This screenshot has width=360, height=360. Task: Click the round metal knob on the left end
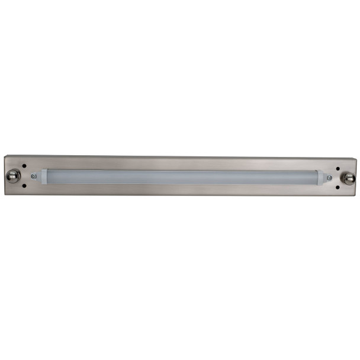tap(12, 175)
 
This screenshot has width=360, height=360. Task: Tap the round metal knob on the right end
tap(349, 177)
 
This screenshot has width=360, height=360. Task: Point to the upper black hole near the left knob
tap(24, 166)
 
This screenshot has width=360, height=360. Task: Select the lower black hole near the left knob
tap(24, 186)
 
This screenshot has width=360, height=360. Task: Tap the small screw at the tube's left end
tap(34, 176)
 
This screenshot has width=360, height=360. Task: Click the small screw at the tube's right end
tap(329, 178)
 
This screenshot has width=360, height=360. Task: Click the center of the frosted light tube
tap(181, 177)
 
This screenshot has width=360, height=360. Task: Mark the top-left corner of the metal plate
tap(4, 156)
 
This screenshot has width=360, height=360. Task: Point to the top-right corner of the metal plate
tap(357, 158)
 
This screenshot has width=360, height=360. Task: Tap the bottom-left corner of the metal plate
tap(4, 194)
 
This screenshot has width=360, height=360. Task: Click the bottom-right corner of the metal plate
tap(357, 196)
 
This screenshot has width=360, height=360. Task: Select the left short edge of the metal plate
tap(4, 175)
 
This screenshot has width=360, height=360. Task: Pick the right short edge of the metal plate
tap(357, 177)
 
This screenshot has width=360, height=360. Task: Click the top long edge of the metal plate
tap(181, 157)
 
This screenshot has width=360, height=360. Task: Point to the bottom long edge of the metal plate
tap(181, 195)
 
